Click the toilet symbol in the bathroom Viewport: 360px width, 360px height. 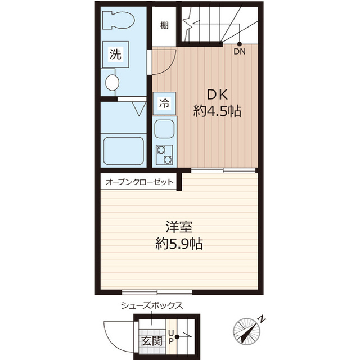[119, 20]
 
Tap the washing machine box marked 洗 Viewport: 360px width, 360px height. [115, 54]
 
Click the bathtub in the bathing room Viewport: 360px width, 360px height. [124, 151]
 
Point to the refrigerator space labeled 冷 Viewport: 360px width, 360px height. [164, 103]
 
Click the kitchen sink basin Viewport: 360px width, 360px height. [164, 129]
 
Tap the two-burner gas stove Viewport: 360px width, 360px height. [164, 155]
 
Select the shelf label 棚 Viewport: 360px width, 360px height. [164, 25]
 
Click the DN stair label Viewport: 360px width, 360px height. [240, 52]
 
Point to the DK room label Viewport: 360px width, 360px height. [217, 94]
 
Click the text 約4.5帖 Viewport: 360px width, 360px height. [217, 111]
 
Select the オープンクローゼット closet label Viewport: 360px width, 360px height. [139, 182]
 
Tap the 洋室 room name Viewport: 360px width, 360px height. [179, 227]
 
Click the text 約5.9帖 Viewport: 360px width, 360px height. [179, 244]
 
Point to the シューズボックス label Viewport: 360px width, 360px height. [152, 305]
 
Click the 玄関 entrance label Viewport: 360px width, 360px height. [152, 341]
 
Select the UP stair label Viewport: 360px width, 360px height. [170, 337]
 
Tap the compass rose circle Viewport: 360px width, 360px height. [246, 331]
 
